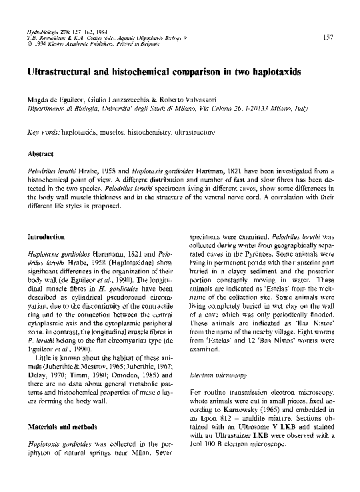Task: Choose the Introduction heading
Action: [45, 237]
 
